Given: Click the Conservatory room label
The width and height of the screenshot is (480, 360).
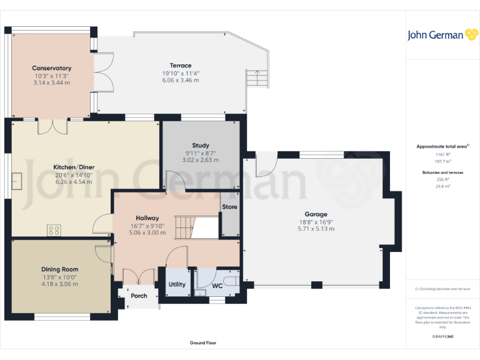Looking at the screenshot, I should (x=52, y=68).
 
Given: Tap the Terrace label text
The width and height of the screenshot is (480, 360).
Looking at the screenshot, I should (x=181, y=66).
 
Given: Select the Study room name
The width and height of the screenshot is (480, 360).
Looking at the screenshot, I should (x=201, y=146).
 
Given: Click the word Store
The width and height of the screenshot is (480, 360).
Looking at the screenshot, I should (x=230, y=207).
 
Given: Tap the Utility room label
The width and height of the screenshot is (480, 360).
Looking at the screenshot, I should (x=177, y=284).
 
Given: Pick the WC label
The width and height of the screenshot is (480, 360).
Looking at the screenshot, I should (x=217, y=286).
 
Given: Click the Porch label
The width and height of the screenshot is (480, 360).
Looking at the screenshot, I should (x=139, y=296).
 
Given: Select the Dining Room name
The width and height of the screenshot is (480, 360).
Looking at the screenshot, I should (x=60, y=269).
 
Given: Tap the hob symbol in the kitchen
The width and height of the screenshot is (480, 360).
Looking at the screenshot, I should (x=54, y=229).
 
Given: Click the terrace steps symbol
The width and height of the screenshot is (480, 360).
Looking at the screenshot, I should (x=256, y=79).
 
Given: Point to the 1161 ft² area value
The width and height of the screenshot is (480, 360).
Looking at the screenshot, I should (x=443, y=154).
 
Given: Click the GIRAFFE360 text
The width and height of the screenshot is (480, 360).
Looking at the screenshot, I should (x=442, y=337).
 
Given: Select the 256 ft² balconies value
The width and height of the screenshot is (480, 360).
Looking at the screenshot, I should (x=443, y=179).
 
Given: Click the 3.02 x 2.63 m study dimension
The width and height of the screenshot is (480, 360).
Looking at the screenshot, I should (x=201, y=160).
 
